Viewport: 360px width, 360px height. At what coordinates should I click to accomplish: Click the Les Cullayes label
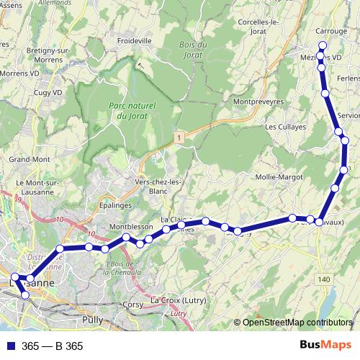coord(285,127)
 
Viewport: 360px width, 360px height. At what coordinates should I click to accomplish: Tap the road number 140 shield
coord(324,279)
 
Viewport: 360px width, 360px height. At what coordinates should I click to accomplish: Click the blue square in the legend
coord(11,346)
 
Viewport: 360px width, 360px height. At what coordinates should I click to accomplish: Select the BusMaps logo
coord(325,346)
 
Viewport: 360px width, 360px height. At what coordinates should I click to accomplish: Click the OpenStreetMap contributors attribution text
coord(297,323)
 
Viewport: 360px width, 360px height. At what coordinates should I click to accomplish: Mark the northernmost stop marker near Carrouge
coord(323,45)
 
